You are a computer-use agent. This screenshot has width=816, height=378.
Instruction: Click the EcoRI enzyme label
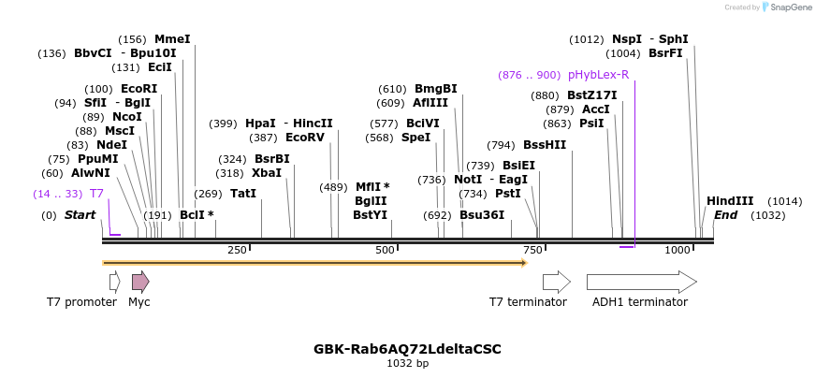[x=138, y=89]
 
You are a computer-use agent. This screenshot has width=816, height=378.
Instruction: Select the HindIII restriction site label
[x=730, y=201]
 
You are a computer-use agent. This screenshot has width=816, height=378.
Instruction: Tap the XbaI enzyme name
[x=267, y=173]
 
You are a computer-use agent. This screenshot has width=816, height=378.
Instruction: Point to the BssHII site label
[x=545, y=145]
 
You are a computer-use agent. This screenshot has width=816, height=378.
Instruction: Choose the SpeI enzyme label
[x=415, y=138]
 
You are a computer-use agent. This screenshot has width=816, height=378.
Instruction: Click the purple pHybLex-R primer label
[x=599, y=75]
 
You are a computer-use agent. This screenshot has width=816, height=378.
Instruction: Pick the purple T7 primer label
[x=96, y=194]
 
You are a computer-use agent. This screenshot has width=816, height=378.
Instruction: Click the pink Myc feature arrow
[x=140, y=282]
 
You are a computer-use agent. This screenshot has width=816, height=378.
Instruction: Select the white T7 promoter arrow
[x=115, y=282]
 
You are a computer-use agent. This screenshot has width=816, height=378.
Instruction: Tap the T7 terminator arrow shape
[x=557, y=282]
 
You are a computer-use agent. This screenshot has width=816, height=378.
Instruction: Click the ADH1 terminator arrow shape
[x=642, y=282]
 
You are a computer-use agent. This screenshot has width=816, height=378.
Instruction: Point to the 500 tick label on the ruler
[x=386, y=250]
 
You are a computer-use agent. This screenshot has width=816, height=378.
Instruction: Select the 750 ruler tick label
[x=532, y=250]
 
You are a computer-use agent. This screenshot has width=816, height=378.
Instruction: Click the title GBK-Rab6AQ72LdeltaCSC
[x=407, y=349]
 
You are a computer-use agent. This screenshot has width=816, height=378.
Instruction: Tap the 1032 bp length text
[x=407, y=363]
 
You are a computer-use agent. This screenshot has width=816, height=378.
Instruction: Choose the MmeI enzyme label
[x=173, y=39]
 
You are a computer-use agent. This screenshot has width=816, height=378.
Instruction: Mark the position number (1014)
[x=785, y=201]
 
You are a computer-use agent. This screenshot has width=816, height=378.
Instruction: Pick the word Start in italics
[x=80, y=215]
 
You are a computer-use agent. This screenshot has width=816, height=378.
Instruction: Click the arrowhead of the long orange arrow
[x=525, y=263]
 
